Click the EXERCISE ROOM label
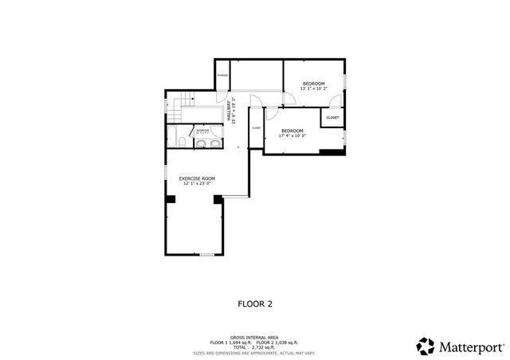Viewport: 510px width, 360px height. click(x=197, y=178)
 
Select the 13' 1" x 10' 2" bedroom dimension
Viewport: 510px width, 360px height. click(x=313, y=90)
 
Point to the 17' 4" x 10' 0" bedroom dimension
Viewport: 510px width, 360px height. click(x=292, y=136)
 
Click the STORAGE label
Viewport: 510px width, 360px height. click(x=222, y=76)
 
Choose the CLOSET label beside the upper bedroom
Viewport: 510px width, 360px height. click(x=332, y=118)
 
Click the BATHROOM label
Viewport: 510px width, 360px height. click(x=203, y=129)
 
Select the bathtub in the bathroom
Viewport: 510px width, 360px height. click(x=182, y=143)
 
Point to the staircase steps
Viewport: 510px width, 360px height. click(x=185, y=100)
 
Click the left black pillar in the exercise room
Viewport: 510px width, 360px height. click(x=170, y=198)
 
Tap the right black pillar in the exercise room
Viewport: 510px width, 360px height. click(x=217, y=198)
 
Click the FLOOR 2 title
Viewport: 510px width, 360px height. click(x=254, y=303)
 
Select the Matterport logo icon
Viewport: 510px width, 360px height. click(x=426, y=346)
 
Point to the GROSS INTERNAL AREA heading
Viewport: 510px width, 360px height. click(x=254, y=338)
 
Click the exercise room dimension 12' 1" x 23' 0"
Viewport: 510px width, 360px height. click(x=197, y=184)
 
